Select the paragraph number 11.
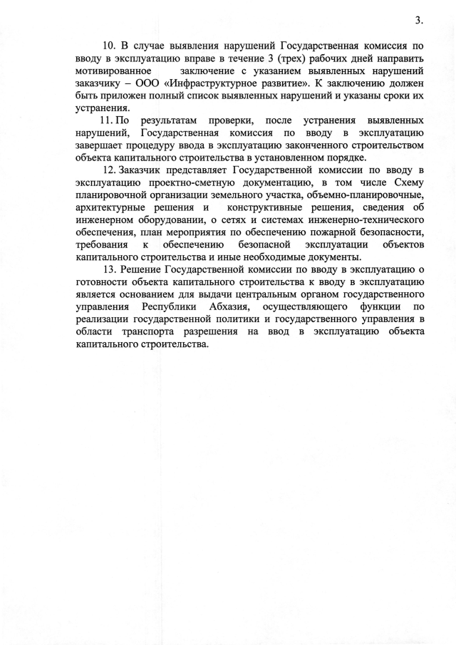[x=108, y=121]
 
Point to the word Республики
[x=155, y=306]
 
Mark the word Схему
[x=408, y=182]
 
